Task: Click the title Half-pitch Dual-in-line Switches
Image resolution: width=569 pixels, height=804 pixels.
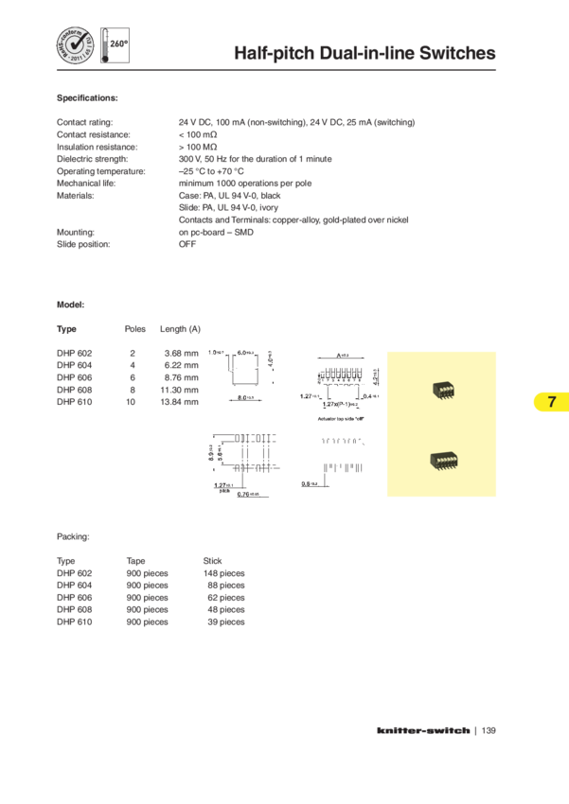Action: click(365, 54)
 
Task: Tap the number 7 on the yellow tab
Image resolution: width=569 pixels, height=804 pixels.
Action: click(551, 402)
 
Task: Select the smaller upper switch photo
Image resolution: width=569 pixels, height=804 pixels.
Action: click(441, 389)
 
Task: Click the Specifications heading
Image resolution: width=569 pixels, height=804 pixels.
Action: click(87, 97)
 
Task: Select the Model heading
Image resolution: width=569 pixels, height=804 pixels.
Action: click(71, 305)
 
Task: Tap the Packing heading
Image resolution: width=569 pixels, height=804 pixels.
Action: click(73, 536)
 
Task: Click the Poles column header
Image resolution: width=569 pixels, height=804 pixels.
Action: click(134, 329)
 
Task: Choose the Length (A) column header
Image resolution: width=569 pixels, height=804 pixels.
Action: click(180, 329)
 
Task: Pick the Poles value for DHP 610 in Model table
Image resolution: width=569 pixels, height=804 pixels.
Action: click(132, 401)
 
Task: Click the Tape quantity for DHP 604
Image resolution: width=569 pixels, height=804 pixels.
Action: click(147, 586)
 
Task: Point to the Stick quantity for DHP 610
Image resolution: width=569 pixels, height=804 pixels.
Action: click(226, 621)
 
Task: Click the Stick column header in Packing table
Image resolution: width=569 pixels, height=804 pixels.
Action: click(213, 561)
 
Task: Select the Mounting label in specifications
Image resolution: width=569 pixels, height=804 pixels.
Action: click(75, 232)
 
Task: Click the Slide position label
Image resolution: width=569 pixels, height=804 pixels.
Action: click(83, 244)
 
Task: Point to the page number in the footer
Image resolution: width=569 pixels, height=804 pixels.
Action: click(489, 730)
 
